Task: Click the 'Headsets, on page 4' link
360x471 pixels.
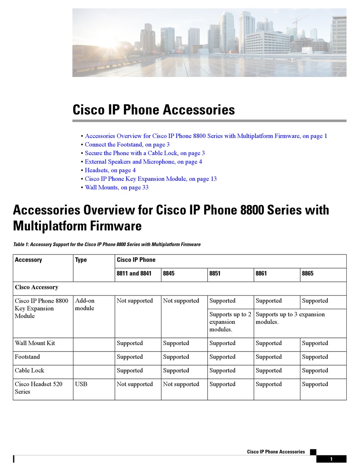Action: pos(110,170)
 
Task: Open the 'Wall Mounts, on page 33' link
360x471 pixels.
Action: pos(116,187)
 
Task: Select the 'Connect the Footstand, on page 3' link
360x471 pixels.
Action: pos(127,144)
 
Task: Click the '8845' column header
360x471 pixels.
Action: pos(169,273)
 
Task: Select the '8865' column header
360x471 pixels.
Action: pos(308,273)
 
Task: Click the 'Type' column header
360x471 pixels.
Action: pos(81,260)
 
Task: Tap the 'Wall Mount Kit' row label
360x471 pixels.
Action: pos(35,343)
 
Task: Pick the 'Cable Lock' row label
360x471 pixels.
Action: pos(30,371)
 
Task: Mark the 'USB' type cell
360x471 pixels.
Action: pos(81,384)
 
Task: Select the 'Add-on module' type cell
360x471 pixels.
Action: pos(85,305)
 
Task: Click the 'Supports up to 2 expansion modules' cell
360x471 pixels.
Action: pos(230,322)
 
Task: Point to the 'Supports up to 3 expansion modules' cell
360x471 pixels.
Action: pos(290,318)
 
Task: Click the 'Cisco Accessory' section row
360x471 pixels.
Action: pos(36,287)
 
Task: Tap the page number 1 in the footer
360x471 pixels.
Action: pos(331,459)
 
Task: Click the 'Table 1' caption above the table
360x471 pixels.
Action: pos(106,245)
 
